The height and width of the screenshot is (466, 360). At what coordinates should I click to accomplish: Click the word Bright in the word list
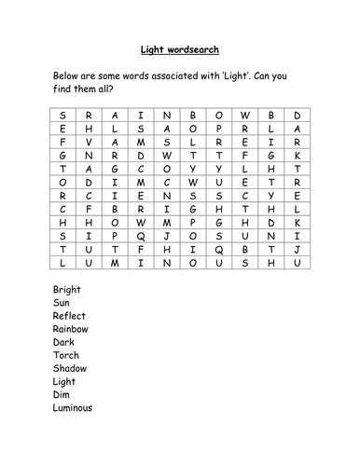click(x=67, y=290)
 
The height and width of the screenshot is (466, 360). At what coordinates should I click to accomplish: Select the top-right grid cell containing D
click(x=297, y=116)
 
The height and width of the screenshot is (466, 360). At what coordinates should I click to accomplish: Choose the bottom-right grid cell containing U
click(x=297, y=264)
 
